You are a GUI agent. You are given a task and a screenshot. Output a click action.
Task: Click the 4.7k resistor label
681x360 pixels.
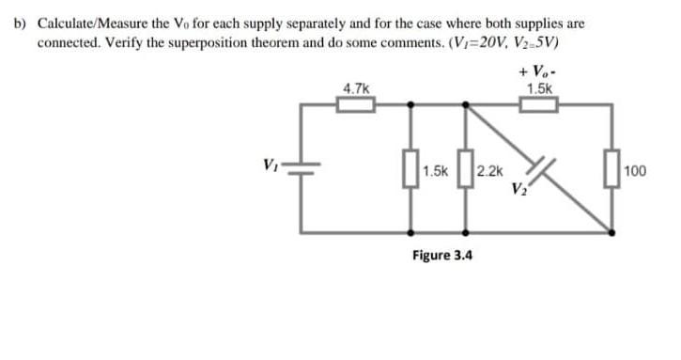pyautogui.click(x=356, y=88)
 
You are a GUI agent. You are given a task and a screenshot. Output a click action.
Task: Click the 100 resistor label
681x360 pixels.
pyautogui.click(x=636, y=172)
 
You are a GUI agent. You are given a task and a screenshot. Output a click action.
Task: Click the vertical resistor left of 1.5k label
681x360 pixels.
pyautogui.click(x=410, y=171)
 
